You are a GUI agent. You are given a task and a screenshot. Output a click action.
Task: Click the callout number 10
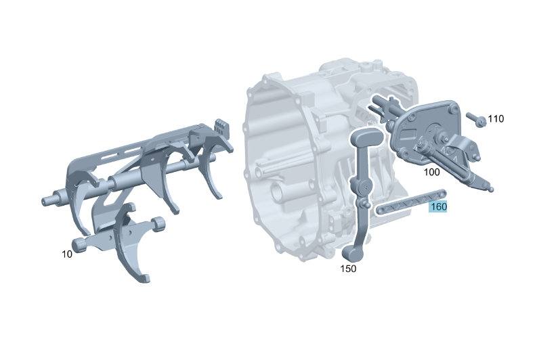click(x=67, y=254)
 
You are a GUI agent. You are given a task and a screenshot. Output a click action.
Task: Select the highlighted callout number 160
click(x=438, y=206)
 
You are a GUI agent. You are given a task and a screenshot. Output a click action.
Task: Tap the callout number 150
click(x=348, y=269)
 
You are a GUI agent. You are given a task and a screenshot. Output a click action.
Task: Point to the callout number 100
click(x=431, y=172)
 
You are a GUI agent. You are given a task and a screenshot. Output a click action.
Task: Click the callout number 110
click(x=496, y=118)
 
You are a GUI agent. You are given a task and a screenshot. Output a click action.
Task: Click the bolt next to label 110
click(x=476, y=119)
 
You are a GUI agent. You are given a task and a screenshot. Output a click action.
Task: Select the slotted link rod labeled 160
click(x=411, y=202)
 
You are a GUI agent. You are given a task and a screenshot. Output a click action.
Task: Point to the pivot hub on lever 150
click(x=364, y=187)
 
